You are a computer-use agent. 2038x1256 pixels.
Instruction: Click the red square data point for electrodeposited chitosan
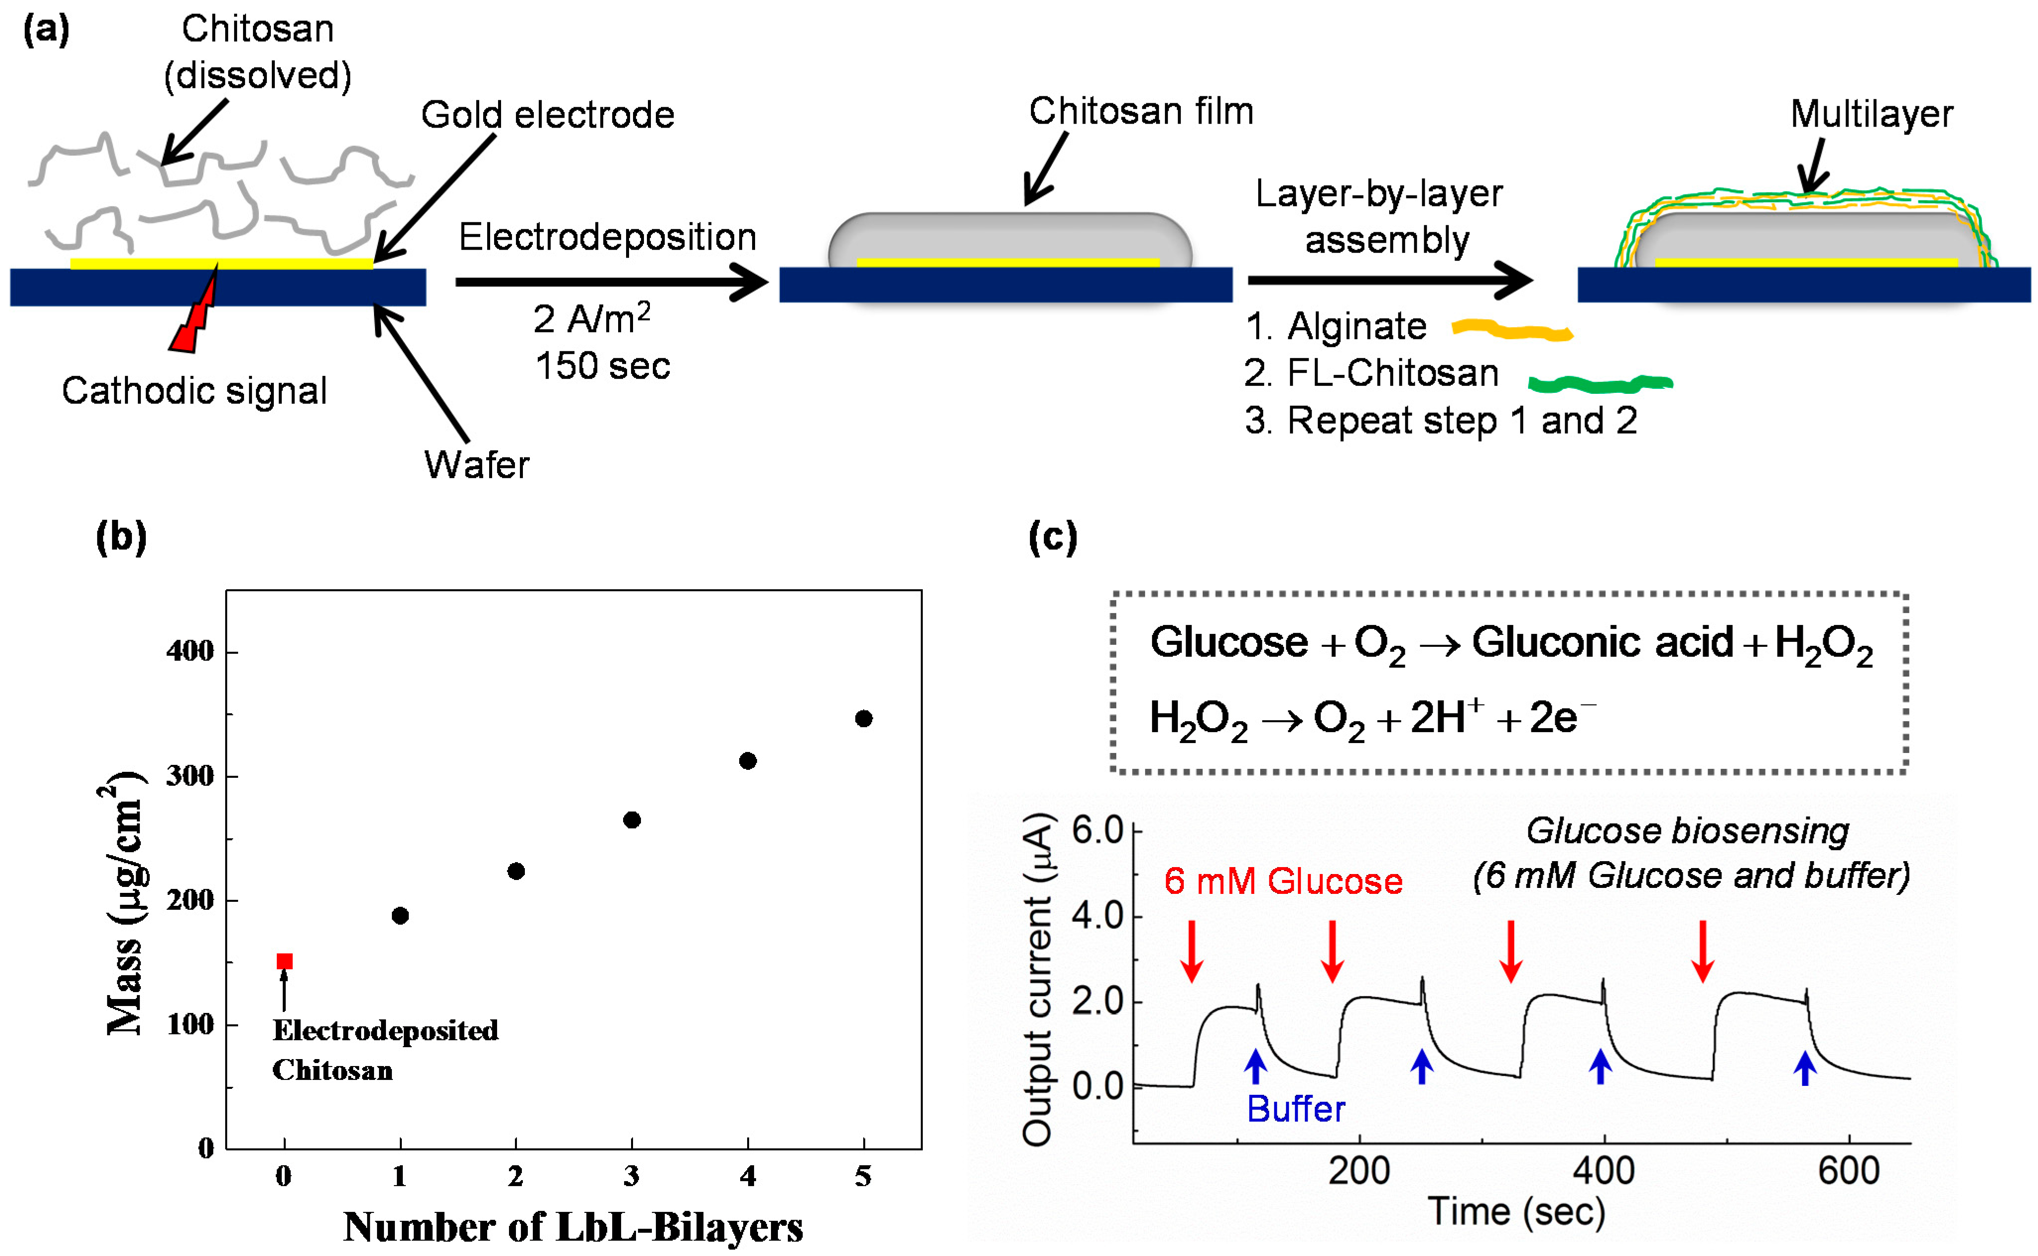click(284, 961)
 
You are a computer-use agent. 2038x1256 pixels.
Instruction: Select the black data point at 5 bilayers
click(863, 719)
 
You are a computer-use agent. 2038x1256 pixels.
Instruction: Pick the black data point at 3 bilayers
click(632, 820)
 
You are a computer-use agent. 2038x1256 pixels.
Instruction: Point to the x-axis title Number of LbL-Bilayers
click(573, 1227)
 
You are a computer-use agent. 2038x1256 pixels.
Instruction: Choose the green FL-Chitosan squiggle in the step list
click(1599, 383)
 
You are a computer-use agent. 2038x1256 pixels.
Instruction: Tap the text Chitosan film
click(1141, 111)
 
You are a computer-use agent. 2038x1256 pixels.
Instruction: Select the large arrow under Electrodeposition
click(611, 282)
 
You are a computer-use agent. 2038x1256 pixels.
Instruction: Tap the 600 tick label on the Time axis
click(1848, 1171)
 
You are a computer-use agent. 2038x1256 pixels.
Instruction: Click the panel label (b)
click(122, 537)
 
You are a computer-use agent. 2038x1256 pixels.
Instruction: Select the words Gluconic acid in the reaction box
click(1602, 642)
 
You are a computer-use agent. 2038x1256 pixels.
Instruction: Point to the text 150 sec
click(602, 366)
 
